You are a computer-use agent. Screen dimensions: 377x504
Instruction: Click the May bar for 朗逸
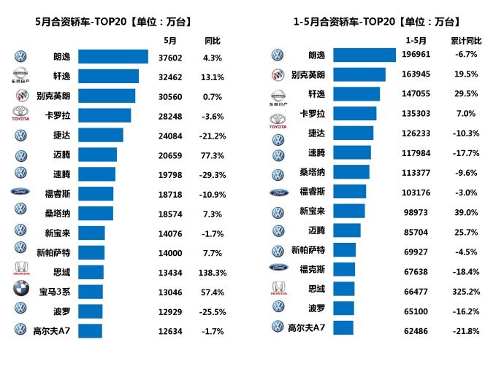pyautogui.click(x=112, y=56)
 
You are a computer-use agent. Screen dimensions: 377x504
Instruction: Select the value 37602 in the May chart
pyautogui.click(x=171, y=56)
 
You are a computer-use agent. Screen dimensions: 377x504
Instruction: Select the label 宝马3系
pyautogui.click(x=54, y=291)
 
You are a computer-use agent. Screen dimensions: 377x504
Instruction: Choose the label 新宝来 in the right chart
pyautogui.click(x=313, y=211)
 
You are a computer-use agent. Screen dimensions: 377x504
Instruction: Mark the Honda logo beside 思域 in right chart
pyautogui.click(x=278, y=289)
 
